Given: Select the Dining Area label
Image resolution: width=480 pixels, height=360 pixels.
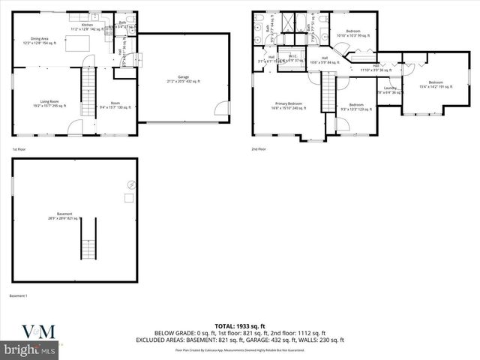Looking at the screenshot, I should [x=40, y=41].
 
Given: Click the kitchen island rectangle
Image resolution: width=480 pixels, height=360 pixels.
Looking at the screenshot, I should [x=76, y=46].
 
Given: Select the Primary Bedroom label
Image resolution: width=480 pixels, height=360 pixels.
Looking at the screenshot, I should [x=289, y=106].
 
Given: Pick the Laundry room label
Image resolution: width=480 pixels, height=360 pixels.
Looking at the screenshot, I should [x=390, y=90].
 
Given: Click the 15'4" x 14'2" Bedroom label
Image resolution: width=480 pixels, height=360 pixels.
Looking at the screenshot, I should [x=436, y=84].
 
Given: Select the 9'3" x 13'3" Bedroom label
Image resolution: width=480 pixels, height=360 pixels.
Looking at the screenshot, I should [x=356, y=106].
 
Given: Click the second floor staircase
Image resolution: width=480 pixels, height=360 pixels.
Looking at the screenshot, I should [x=327, y=94].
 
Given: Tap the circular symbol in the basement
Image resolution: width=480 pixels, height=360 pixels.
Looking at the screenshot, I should [x=132, y=184].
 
